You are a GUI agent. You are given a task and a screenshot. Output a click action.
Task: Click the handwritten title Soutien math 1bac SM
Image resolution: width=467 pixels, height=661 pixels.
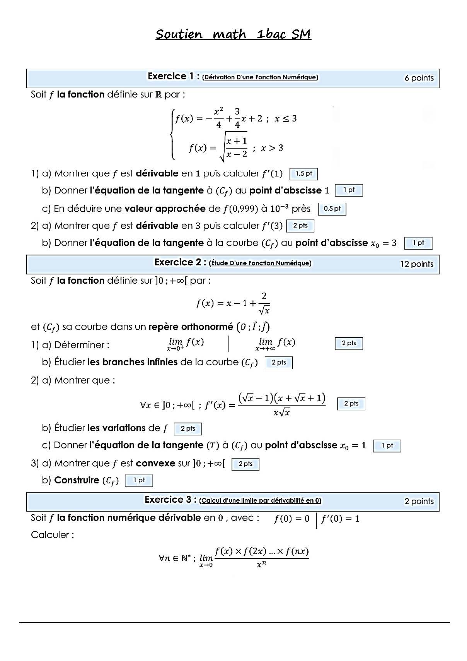point(233,34)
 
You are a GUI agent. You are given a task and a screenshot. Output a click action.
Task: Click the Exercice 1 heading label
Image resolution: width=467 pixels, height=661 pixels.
point(173,76)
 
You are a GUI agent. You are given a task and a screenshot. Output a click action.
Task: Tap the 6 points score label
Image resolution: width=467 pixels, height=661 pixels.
point(419,78)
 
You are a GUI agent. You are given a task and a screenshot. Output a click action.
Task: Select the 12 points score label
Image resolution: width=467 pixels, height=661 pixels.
point(417,264)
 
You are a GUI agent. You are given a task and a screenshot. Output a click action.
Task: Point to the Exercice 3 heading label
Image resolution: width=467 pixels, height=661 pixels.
point(170,500)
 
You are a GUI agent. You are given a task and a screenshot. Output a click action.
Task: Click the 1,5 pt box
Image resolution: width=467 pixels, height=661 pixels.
point(303,174)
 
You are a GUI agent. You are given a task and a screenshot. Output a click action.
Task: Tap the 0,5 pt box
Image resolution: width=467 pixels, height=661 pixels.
point(332,209)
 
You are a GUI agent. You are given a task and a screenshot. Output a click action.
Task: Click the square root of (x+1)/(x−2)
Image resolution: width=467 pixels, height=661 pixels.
point(233,147)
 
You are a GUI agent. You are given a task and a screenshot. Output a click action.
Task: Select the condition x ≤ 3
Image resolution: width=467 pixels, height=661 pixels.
point(286,118)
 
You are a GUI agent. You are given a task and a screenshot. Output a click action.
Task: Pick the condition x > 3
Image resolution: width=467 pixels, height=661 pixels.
point(272,148)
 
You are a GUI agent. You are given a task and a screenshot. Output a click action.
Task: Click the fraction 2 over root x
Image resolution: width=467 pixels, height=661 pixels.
point(264,303)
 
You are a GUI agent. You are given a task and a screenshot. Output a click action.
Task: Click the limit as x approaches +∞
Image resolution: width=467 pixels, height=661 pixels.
point(275,343)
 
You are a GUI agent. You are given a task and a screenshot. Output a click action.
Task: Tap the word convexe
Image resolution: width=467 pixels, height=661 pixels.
point(155,463)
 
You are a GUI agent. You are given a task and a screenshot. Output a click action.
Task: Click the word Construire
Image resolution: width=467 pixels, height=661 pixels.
point(77,480)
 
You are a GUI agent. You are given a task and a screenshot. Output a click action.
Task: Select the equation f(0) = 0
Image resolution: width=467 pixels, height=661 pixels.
point(291,519)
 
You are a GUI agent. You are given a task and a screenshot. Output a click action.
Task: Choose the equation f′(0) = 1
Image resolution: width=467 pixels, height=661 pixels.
point(340,519)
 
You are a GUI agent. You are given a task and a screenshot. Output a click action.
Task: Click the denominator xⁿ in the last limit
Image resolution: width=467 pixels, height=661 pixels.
point(261,564)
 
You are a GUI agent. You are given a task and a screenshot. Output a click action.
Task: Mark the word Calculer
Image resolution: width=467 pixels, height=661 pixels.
point(52,535)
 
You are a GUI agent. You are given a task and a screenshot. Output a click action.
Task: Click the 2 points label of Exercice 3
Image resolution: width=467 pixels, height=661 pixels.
point(419,501)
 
